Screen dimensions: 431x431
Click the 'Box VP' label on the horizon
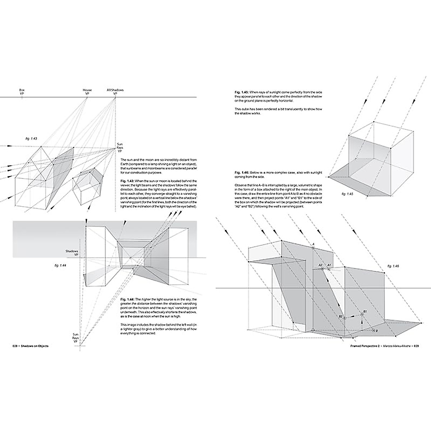click(22, 92)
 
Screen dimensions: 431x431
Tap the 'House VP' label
click(87, 92)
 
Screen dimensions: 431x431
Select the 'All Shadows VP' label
click(115, 92)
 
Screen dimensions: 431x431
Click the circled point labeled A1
click(329, 269)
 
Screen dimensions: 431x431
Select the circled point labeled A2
click(322, 269)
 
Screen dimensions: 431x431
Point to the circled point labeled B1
click(362, 314)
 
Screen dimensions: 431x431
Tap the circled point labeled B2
click(344, 318)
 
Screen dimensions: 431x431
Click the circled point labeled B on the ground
click(374, 330)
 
